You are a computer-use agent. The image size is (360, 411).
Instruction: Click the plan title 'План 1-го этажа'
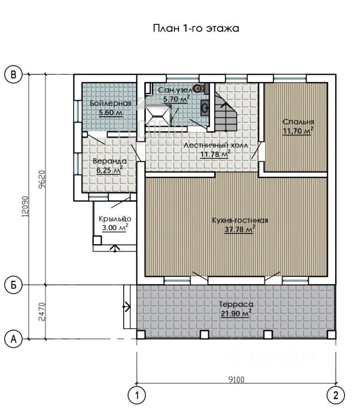(x=196, y=28)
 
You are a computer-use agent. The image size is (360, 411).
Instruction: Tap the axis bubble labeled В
(x=14, y=75)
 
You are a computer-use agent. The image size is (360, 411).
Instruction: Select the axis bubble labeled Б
(x=14, y=285)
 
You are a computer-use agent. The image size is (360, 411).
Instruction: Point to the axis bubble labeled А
(x=14, y=339)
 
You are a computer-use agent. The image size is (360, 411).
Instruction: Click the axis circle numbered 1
(x=136, y=395)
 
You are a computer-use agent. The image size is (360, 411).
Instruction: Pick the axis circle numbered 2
(x=336, y=395)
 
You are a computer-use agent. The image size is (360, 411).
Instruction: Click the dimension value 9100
(x=236, y=380)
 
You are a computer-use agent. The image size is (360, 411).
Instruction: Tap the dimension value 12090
(x=25, y=206)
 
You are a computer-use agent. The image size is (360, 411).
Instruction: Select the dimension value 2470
(x=42, y=312)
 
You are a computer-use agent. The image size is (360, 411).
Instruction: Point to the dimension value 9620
(x=42, y=179)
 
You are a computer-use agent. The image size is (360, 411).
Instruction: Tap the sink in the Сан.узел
(x=205, y=107)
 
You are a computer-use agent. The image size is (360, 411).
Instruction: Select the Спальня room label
(x=299, y=122)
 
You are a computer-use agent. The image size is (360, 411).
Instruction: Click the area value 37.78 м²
(x=240, y=229)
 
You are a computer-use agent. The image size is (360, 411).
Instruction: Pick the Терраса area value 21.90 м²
(x=236, y=313)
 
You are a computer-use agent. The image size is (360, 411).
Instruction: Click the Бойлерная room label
(x=111, y=103)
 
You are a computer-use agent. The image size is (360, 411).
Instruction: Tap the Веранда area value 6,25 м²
(x=110, y=170)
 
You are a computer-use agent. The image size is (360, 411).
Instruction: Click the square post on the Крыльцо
(x=97, y=240)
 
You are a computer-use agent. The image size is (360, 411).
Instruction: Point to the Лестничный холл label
(x=216, y=145)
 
